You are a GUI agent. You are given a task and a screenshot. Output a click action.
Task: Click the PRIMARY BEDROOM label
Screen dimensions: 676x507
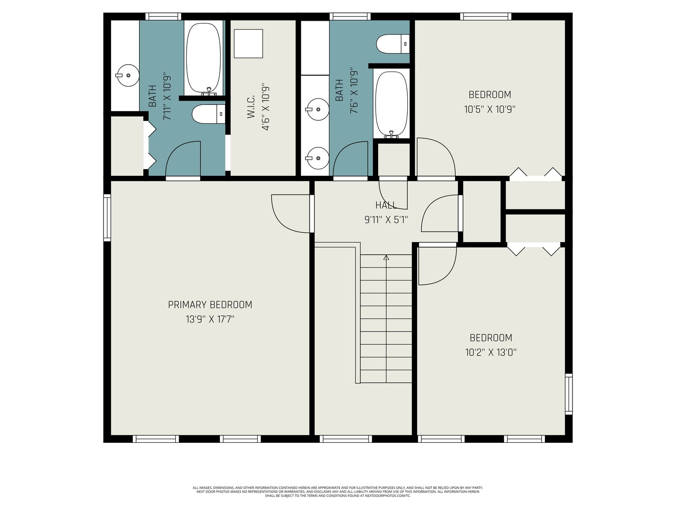point(210,305)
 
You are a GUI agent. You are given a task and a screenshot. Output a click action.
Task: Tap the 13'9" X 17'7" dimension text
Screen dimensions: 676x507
point(210,319)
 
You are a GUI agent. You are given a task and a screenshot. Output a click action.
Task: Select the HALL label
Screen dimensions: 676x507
point(386,205)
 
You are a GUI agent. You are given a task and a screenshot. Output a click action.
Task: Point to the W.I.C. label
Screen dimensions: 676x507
point(251,106)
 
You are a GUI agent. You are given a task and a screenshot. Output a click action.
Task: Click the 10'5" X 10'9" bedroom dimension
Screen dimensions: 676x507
point(490,109)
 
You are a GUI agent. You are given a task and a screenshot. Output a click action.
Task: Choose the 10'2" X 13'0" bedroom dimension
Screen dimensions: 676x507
point(491,352)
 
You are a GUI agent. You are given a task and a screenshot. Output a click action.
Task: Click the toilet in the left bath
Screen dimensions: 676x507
point(208,114)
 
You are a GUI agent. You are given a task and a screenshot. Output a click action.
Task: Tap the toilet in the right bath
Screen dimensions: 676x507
point(393,44)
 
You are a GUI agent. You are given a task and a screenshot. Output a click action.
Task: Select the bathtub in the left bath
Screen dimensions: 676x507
point(204,59)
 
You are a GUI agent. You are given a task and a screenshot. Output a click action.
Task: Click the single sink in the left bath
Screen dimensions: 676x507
point(128,76)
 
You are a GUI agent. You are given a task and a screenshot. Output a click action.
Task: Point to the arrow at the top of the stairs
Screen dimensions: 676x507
point(386,257)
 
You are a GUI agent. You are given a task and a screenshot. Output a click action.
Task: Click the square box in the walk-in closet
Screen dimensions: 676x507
point(248,44)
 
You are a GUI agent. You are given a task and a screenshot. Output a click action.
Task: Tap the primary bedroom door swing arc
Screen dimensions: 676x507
point(290,214)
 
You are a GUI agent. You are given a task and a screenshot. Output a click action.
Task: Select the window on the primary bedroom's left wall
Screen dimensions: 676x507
point(107,218)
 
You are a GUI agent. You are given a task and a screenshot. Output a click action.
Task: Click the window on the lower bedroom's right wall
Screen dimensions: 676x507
point(569,394)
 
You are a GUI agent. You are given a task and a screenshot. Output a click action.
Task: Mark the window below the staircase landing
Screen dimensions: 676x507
point(346,439)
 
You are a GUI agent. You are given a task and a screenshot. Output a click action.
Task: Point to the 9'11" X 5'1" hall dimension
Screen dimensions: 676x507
point(386,219)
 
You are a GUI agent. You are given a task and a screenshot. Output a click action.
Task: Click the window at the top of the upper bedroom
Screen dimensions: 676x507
point(486,16)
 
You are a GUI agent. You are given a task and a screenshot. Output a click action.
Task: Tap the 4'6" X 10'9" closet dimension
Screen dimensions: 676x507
point(265,106)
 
